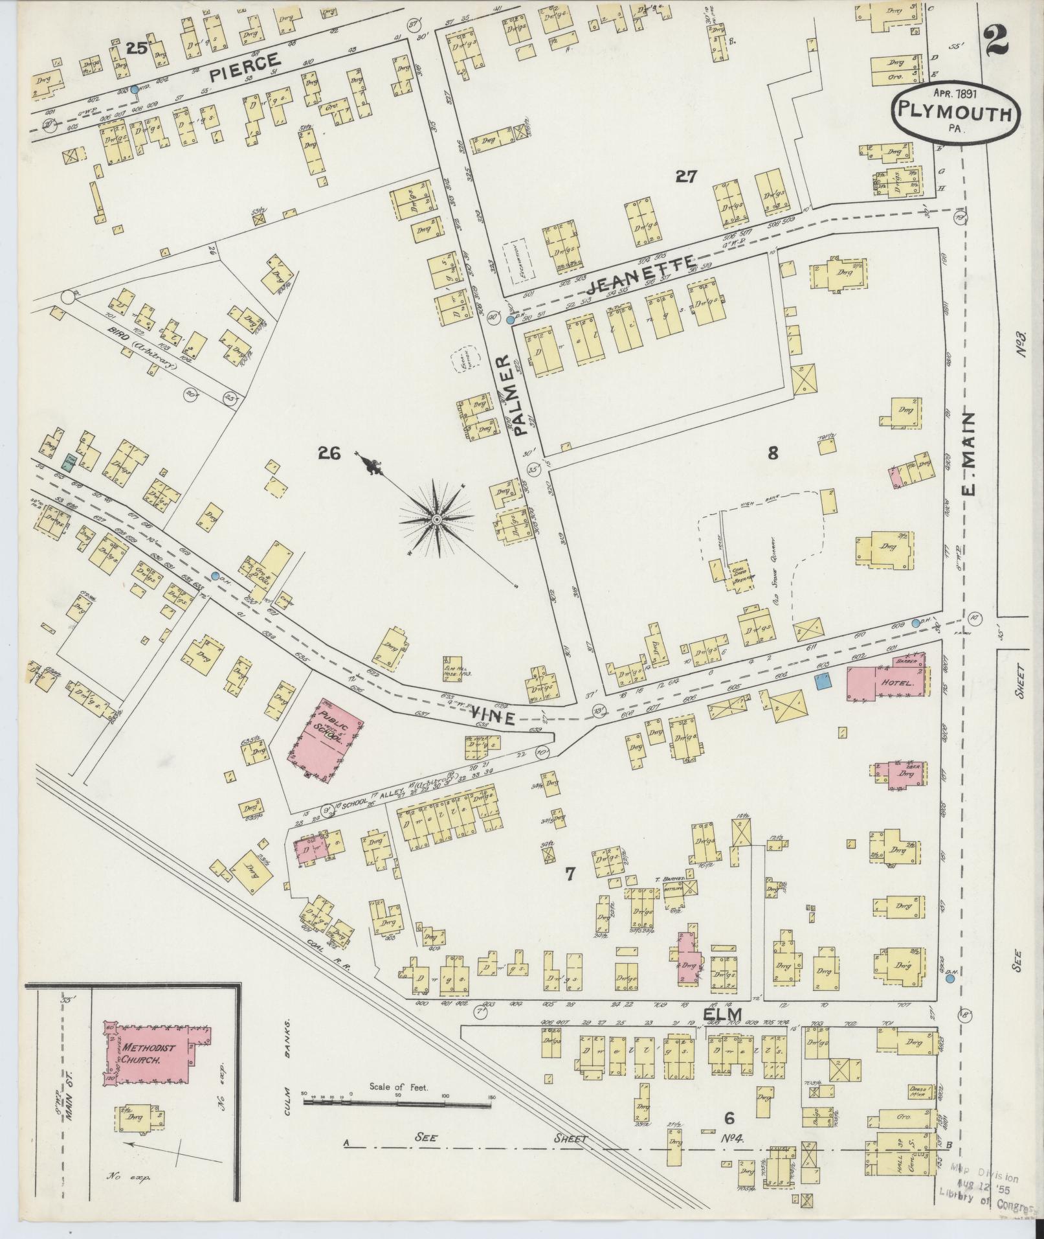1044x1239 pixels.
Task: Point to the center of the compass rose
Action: [436, 519]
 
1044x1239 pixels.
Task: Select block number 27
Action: [685, 176]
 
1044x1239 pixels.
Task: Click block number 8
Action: [772, 453]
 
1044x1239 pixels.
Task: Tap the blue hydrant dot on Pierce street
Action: [134, 90]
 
